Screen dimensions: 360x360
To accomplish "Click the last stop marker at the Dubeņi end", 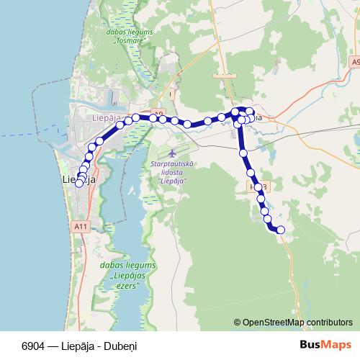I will [x=281, y=230].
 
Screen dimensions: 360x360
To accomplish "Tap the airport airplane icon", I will [x=171, y=153].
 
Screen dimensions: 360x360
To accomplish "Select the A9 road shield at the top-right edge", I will [x=356, y=63].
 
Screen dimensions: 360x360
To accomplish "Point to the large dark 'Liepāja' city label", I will [x=79, y=180].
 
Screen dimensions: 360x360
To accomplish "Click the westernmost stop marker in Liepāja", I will [x=78, y=183].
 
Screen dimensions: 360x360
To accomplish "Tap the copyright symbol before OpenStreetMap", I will [x=238, y=323].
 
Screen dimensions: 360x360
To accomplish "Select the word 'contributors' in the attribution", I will [x=329, y=323].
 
